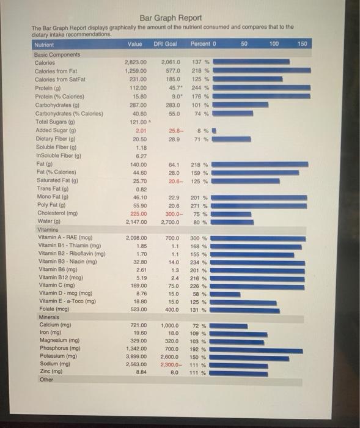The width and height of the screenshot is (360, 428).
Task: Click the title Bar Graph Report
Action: coord(171,18)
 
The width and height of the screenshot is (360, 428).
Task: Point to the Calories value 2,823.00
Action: coord(135,62)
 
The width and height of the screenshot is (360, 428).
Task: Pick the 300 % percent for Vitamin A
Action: coord(199,238)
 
